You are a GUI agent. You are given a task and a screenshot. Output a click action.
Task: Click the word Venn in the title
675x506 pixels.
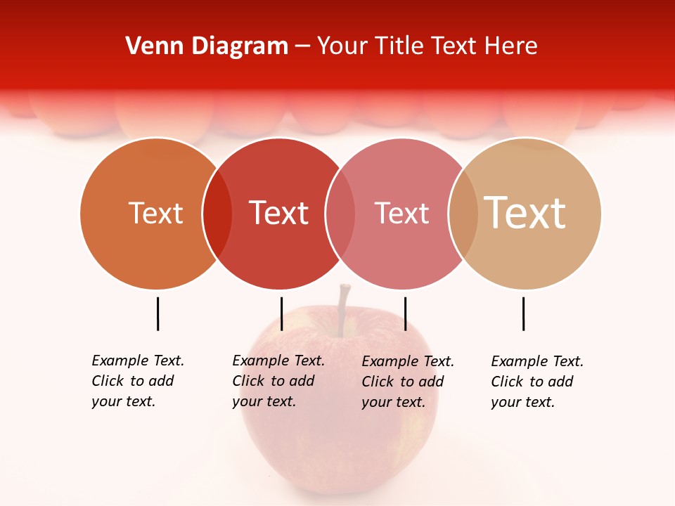coord(150,46)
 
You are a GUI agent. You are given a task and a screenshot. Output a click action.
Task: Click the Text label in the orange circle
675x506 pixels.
coord(155,213)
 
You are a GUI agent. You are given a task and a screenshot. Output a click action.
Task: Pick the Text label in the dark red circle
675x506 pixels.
coord(279,213)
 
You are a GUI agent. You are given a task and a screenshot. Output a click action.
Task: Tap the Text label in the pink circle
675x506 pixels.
coord(401,213)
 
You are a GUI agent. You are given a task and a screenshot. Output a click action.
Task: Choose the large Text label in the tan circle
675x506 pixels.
coord(525,213)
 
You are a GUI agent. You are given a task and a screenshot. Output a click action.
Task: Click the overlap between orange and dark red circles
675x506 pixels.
coord(217,214)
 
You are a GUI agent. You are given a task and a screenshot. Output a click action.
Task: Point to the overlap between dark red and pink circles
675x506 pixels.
coord(340,214)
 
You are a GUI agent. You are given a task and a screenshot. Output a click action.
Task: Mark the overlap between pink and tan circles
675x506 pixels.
coord(463,214)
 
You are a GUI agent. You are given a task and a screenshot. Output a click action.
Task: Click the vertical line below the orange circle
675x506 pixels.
coord(158,313)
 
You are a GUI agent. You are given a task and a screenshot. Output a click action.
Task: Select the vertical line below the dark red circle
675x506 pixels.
coord(281,313)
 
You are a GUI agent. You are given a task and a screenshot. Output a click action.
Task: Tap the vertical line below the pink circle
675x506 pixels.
coord(405,313)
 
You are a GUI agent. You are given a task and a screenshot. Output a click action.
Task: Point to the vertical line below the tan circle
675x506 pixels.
coord(523,313)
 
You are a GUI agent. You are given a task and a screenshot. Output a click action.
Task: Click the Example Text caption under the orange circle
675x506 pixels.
coord(138,381)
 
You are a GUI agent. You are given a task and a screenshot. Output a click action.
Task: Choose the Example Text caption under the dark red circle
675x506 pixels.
coord(278,381)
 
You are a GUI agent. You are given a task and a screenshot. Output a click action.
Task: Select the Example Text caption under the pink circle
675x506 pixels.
coord(408,382)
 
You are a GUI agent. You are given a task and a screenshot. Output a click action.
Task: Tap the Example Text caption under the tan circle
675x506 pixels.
coord(537,382)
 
